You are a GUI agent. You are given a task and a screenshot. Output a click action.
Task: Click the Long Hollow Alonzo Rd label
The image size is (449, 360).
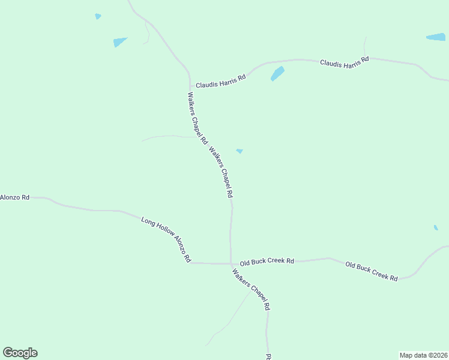166,240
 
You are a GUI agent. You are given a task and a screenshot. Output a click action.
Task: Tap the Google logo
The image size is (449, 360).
20,353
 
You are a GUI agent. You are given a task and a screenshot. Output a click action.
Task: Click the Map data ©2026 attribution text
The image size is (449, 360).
424,355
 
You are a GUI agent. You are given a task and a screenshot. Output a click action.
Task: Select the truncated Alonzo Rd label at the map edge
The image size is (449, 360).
14,197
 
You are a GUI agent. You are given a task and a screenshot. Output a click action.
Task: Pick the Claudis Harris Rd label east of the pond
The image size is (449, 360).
344,62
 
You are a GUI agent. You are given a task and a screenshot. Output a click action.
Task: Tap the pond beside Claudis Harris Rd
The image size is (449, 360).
277,74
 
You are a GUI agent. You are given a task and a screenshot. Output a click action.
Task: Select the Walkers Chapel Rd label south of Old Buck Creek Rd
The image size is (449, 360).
251,289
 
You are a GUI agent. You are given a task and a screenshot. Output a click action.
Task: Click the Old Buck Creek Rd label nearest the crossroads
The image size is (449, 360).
267,262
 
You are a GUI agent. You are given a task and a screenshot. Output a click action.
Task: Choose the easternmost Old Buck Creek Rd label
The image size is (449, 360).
372,271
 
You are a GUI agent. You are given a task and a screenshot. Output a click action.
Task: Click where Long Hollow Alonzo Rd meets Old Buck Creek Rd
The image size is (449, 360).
231,263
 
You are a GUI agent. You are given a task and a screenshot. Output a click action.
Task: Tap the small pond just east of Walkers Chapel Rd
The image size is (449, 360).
240,151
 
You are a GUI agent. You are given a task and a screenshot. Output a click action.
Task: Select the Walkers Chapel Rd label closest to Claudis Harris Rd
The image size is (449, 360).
197,118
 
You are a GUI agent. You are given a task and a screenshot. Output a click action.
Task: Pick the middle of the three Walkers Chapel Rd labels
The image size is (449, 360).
221,173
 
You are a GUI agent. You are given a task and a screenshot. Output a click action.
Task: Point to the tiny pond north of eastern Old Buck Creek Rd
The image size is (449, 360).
436,227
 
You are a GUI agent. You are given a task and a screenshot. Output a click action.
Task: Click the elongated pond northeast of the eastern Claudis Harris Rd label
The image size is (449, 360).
436,37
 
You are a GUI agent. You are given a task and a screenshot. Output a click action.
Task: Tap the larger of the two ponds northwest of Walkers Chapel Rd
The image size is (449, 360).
121,42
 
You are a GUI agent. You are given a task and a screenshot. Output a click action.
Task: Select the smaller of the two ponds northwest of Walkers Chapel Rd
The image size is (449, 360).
98,16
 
